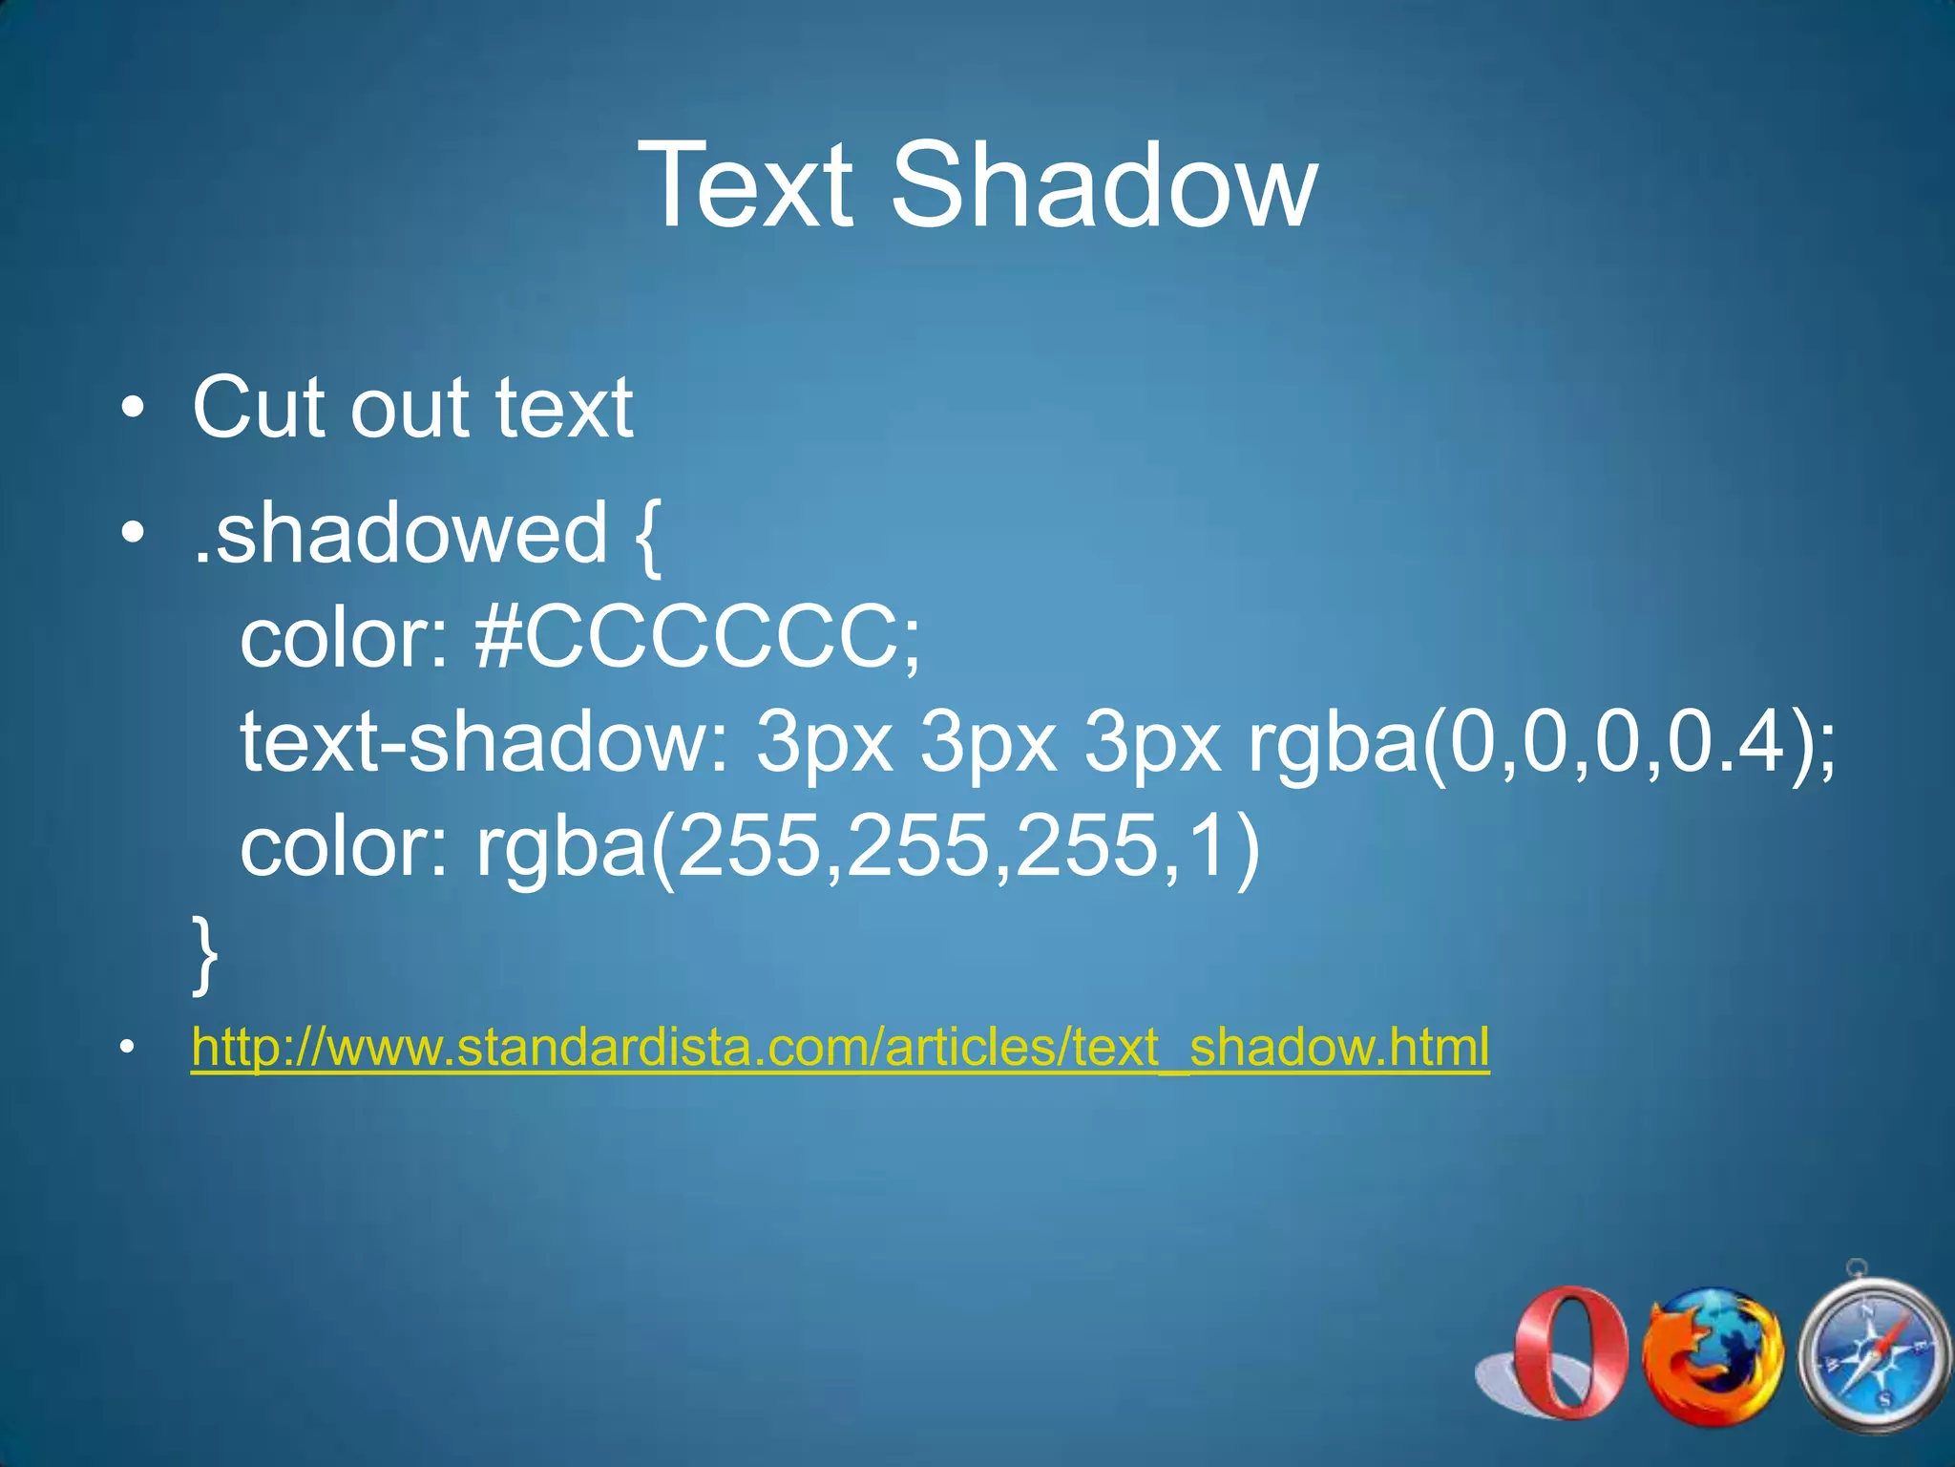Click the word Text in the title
pyautogui.click(x=746, y=185)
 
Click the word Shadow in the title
pyautogui.click(x=1104, y=185)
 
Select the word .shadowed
pyautogui.click(x=400, y=533)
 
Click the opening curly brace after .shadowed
pyautogui.click(x=647, y=535)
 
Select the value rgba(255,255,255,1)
pyautogui.click(x=868, y=847)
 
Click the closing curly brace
pyautogui.click(x=204, y=953)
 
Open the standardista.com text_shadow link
pyautogui.click(x=840, y=1048)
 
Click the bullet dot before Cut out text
pyautogui.click(x=134, y=410)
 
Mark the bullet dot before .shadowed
pyautogui.click(x=134, y=533)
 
